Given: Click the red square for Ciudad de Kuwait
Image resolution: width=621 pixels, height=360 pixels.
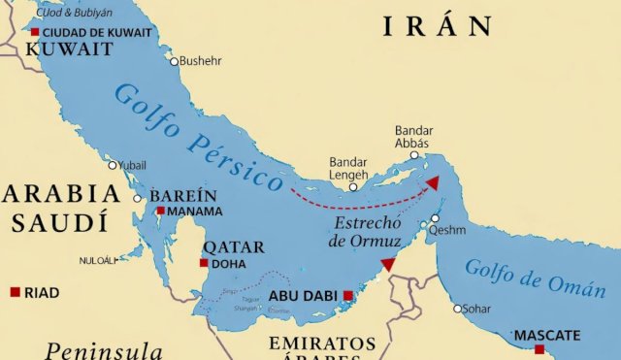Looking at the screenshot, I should coord(35,32).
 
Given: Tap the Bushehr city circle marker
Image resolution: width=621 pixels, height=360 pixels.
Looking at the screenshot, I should coord(175,61).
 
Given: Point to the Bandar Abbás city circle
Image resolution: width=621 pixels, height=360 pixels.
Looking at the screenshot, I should coord(414,155).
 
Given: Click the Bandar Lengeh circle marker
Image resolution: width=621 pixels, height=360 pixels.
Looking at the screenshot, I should coord(353,187).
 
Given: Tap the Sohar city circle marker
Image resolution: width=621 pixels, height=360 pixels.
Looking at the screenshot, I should coord(458,310).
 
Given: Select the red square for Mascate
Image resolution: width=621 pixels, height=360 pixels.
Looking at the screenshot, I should coord(539,349).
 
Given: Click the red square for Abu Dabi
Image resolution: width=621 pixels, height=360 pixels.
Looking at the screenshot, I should coord(348,296).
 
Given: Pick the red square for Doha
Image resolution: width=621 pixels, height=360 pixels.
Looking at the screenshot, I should coord(204,263).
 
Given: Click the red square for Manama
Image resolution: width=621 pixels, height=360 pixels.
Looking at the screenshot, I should coord(160,211).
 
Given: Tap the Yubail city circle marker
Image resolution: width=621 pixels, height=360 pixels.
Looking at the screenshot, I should coord(113,165).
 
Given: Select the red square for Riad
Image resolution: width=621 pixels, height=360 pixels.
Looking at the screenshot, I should coord(15,292).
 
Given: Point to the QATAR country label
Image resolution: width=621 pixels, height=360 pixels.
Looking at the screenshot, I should coord(232,246).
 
